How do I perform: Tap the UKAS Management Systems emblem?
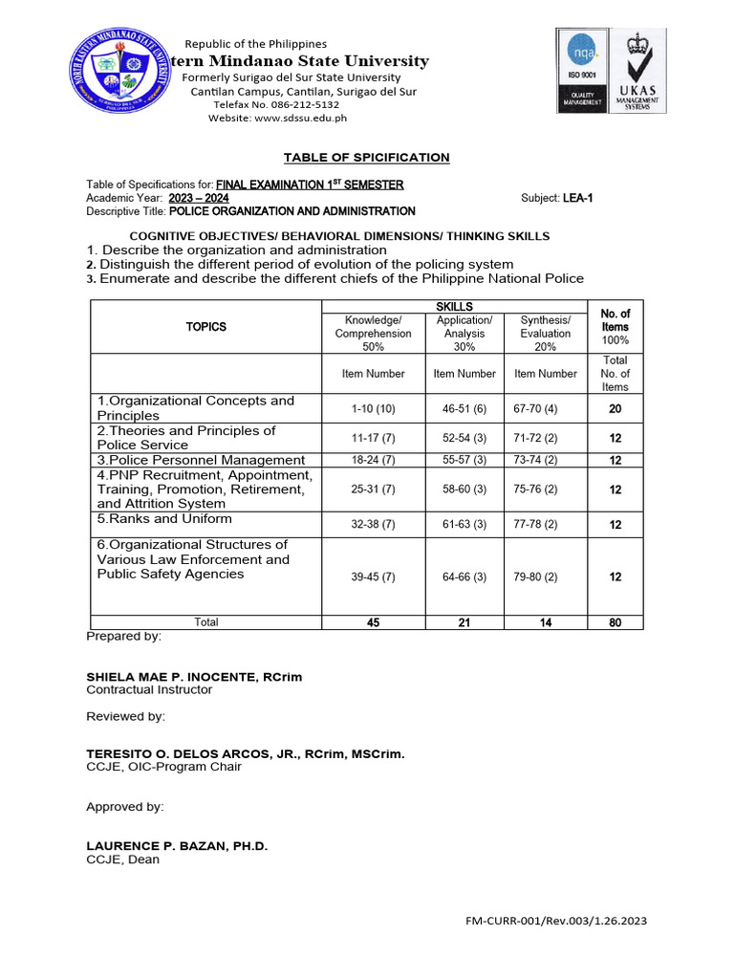639,73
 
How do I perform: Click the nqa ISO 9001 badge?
582,73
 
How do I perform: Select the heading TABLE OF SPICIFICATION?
367,158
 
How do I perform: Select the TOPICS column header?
205,327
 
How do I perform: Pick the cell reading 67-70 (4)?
545,408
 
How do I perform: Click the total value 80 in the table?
615,622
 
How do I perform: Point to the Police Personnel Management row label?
201,460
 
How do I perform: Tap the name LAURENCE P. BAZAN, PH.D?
178,846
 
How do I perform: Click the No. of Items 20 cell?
615,408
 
